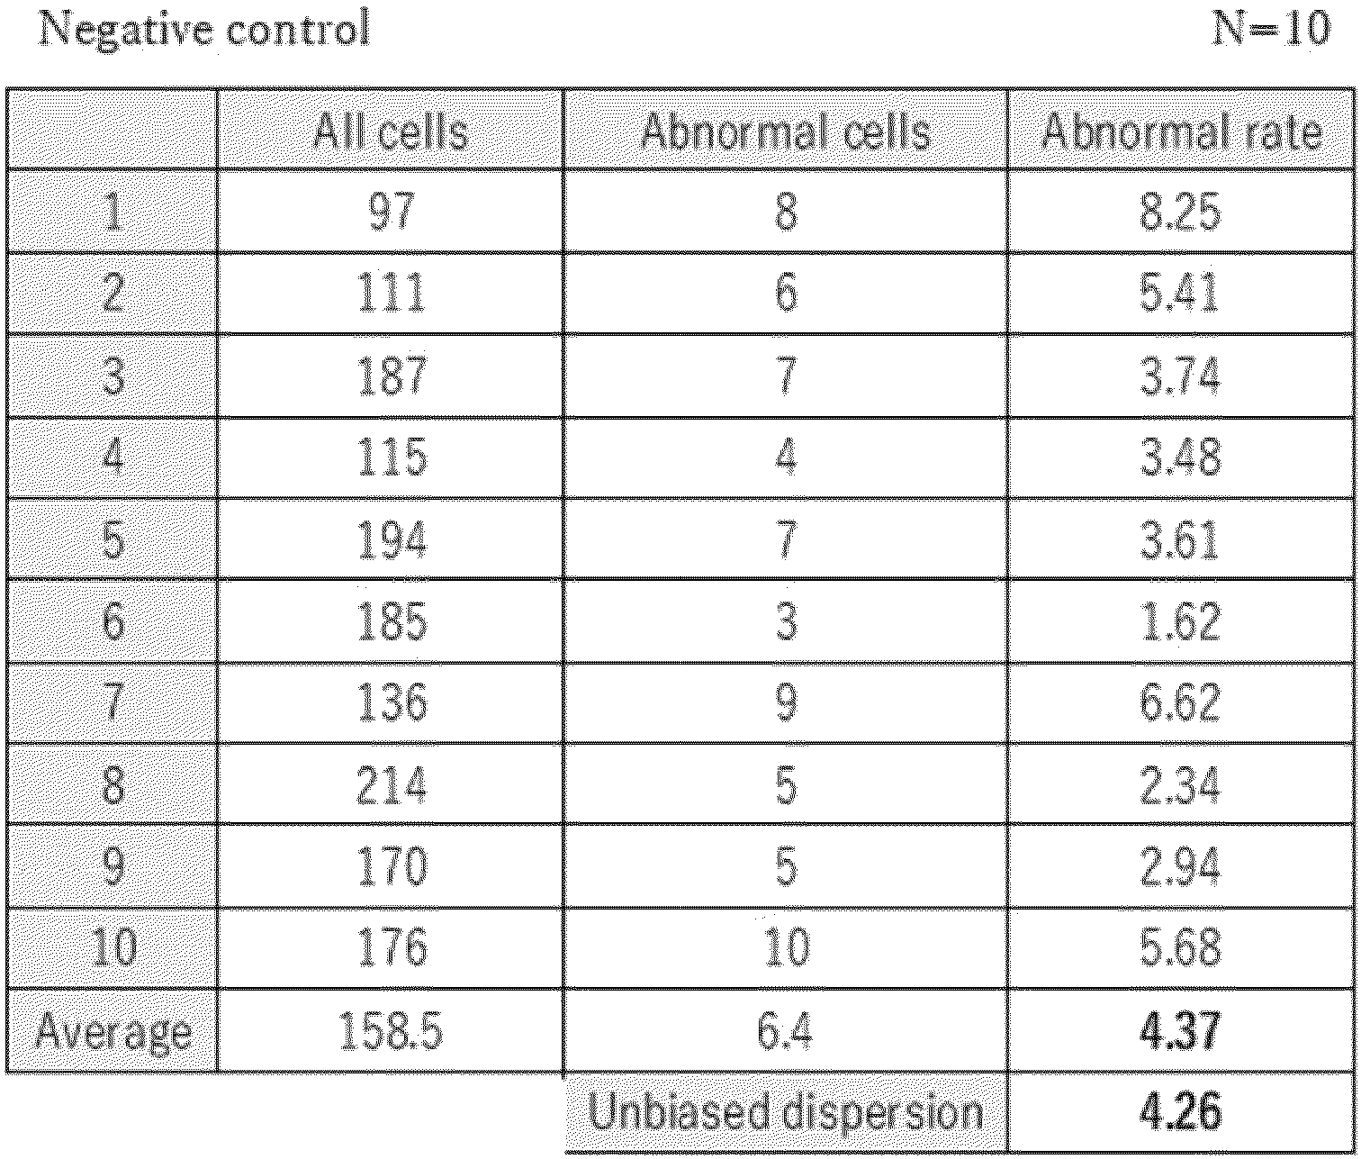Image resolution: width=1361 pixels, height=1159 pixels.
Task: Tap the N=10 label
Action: (x=1270, y=29)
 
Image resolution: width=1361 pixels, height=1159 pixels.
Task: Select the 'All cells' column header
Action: (x=391, y=131)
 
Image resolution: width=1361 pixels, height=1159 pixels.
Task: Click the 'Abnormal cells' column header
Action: (x=786, y=131)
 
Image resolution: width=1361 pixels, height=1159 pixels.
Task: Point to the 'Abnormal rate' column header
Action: (x=1181, y=131)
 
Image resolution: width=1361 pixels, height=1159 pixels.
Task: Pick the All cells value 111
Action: (x=392, y=294)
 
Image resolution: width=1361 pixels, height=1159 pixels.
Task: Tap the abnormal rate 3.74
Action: (x=1180, y=376)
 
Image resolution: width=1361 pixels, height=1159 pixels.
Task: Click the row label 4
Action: (x=113, y=457)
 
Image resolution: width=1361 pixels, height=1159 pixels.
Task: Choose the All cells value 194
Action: (x=392, y=539)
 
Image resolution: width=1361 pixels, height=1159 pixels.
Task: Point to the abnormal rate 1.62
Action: (x=1180, y=620)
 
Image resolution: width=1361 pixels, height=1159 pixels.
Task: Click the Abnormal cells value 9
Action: (x=786, y=702)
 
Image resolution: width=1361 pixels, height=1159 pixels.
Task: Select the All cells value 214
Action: (x=392, y=784)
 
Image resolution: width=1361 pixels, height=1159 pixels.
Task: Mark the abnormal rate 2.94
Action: (x=1180, y=865)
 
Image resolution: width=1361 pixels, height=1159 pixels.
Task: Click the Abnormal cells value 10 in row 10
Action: (x=787, y=947)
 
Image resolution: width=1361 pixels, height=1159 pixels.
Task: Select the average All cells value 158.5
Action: (x=392, y=1030)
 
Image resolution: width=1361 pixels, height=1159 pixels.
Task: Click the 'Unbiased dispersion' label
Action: (x=785, y=1113)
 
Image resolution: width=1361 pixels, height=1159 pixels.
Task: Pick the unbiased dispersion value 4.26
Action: (x=1180, y=1111)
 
